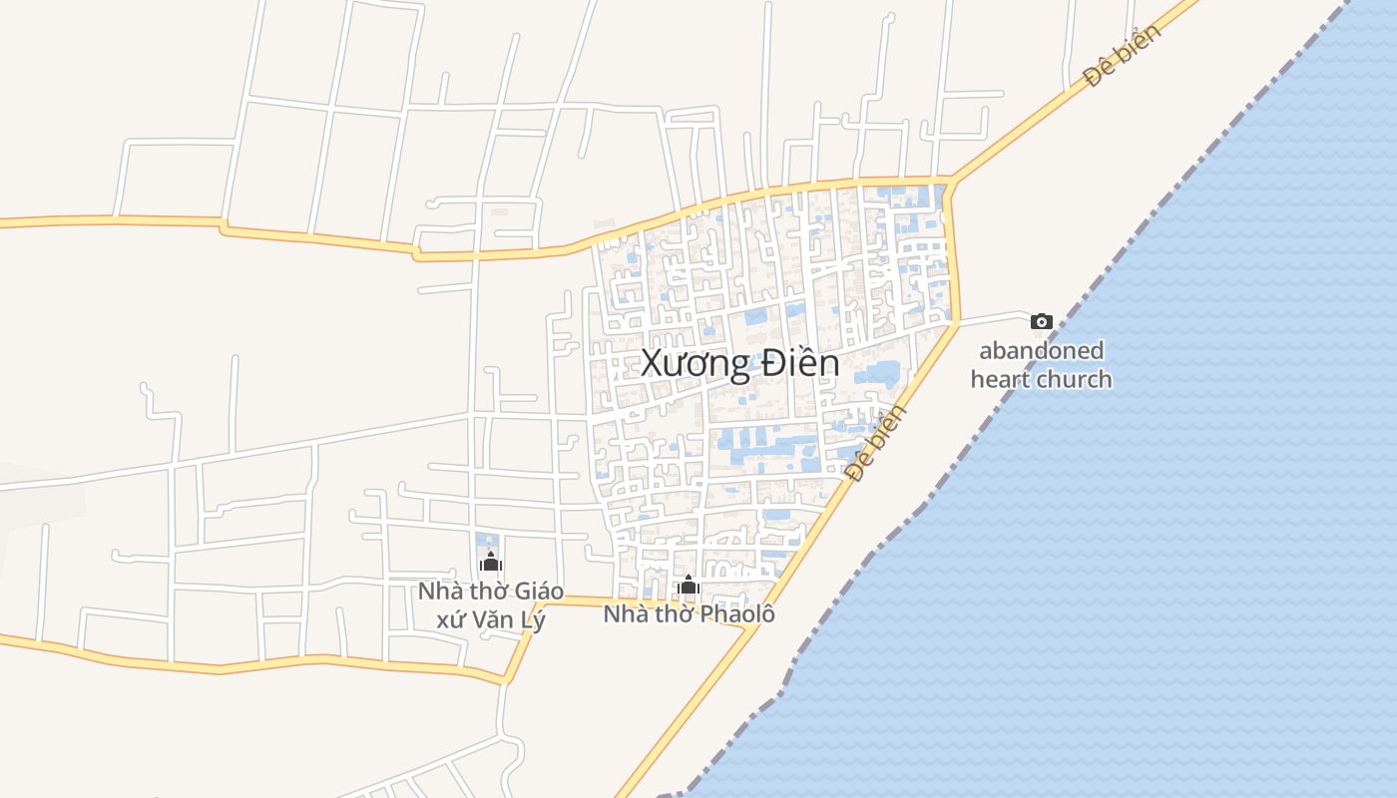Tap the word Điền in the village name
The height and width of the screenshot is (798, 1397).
click(799, 364)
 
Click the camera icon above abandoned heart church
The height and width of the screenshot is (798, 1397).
click(1041, 321)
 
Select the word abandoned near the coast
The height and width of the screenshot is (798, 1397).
click(1041, 351)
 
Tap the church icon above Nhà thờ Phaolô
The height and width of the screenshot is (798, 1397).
click(688, 586)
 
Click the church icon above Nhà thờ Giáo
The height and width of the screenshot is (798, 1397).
click(490, 563)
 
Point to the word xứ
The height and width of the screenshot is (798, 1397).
click(451, 619)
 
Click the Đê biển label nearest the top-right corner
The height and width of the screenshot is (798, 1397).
click(1123, 56)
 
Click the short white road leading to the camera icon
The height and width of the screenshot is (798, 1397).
click(993, 316)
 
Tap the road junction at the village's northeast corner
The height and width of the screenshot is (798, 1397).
click(951, 182)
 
